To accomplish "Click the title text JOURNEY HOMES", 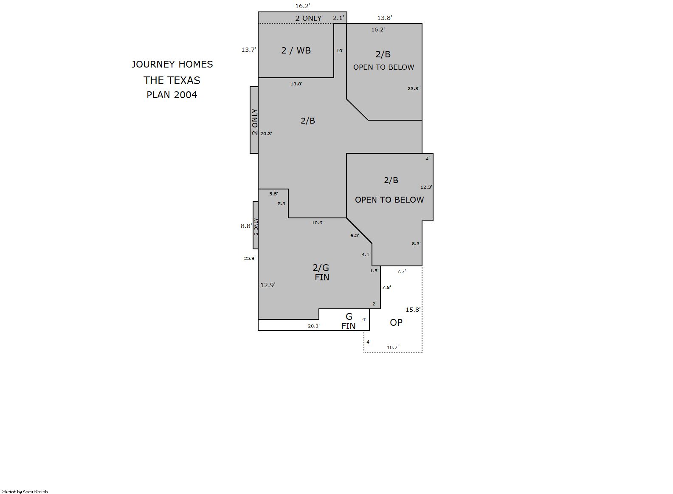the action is point(172,64).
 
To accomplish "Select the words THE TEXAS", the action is point(172,81).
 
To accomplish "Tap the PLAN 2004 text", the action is point(172,95).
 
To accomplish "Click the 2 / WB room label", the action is point(296,51).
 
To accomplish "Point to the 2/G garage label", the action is point(321,268).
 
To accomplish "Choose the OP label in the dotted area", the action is point(396,322).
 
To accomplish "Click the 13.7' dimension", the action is point(249,50).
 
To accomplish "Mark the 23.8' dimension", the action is point(414,88).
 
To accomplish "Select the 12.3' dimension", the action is point(426,187).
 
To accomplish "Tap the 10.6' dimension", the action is point(318,223).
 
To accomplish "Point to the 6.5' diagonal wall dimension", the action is point(355,235).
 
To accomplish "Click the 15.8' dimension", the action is point(413,310).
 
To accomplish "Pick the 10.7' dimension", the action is point(393,347).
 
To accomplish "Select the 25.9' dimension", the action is point(250,258).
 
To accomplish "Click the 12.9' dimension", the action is point(268,285).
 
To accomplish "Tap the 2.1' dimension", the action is point(338,18).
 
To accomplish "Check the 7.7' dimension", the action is point(401,271).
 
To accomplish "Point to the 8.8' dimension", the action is point(246,226).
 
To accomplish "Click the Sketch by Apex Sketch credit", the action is point(25,491).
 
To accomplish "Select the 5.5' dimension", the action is point(274,194).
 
